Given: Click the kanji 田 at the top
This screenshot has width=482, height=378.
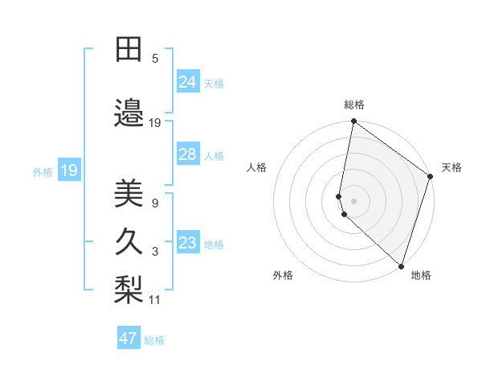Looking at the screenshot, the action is coord(129,50).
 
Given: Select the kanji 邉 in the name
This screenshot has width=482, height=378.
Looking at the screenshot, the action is coord(129,113).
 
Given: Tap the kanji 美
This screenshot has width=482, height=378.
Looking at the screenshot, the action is coord(129,194).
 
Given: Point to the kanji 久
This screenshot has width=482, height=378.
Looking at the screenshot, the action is coord(129,242).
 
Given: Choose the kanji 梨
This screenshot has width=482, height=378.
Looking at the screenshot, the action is coord(129,290).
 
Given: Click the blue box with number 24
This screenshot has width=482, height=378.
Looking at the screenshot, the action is coord(188,82).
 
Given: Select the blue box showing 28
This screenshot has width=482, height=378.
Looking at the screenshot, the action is coord(188,154).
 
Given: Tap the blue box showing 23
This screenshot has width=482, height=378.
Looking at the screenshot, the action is coord(188,243).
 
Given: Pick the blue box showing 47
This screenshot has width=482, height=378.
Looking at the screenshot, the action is coord(129,339).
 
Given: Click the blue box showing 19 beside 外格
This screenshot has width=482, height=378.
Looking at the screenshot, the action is coord(69,171).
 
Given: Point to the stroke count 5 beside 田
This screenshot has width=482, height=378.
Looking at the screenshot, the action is coord(155,59).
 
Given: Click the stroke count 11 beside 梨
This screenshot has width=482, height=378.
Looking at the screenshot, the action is coord(155,300).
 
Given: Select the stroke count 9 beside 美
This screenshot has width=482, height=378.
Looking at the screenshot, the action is coord(155,203).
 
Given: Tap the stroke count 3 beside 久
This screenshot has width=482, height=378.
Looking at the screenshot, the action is coord(155,252).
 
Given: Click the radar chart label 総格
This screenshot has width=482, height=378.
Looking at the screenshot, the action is coord(354,105).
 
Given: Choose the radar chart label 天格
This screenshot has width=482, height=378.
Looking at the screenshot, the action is coord(451,167).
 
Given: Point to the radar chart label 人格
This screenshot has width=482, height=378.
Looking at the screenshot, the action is coord(257,167).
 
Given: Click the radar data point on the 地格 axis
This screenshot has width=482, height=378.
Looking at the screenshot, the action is coord(401,265).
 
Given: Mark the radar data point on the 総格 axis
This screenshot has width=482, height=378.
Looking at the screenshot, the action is coord(353,122).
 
